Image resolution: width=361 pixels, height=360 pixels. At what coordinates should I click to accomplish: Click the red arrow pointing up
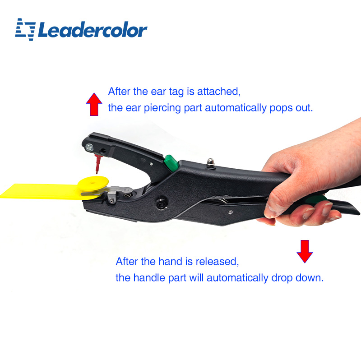(x=94, y=104)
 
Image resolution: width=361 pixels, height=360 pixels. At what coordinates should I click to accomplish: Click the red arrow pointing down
(x=305, y=251)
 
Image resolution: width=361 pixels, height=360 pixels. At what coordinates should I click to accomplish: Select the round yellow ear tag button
(x=93, y=184)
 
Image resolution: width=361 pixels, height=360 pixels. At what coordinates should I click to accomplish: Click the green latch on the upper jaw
(x=171, y=163)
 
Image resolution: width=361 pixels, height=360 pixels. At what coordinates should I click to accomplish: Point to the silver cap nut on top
(x=210, y=163)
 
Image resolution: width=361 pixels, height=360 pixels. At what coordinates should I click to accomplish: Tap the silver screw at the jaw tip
(x=89, y=148)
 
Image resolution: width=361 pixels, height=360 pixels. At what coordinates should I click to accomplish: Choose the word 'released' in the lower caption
(x=217, y=262)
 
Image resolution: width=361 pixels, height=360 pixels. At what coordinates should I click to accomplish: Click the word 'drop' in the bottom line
(x=282, y=278)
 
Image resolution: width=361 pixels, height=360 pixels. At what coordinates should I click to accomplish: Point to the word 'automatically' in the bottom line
(x=237, y=278)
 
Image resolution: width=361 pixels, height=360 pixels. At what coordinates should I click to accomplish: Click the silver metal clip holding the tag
(x=116, y=193)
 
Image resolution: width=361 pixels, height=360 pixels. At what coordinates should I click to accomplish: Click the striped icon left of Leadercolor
(x=26, y=29)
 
